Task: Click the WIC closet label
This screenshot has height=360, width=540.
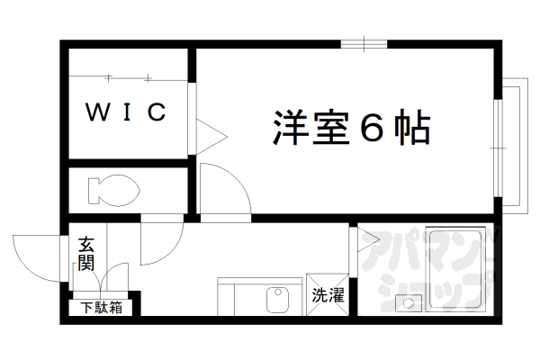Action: pos(126,112)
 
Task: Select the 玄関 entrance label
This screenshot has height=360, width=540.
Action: pos(86,253)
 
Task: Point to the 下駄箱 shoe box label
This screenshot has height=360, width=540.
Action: pos(101,308)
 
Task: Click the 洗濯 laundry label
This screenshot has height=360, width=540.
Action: pos(328,294)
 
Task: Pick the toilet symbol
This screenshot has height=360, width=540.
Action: pos(112,190)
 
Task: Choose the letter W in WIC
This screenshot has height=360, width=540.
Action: pos(93,112)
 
